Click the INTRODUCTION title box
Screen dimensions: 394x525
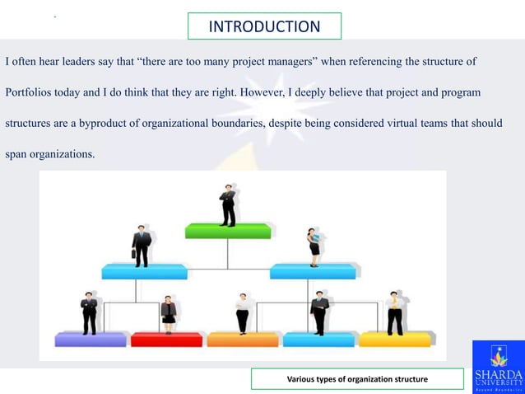[264, 26]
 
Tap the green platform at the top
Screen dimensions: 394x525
[228, 231]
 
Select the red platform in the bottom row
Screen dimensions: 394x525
[166, 339]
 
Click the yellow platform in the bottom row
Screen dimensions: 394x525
[395, 339]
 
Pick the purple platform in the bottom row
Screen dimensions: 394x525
[91, 339]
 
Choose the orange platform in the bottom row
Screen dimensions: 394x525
[243, 339]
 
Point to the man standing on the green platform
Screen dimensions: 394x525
[228, 204]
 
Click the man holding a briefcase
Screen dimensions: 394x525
[142, 245]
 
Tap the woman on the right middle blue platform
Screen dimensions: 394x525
[314, 246]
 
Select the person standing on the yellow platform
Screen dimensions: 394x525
[396, 312]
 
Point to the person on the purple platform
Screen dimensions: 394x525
[89, 312]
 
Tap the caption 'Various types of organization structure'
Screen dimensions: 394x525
[357, 379]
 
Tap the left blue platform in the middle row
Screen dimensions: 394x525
[144, 271]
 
